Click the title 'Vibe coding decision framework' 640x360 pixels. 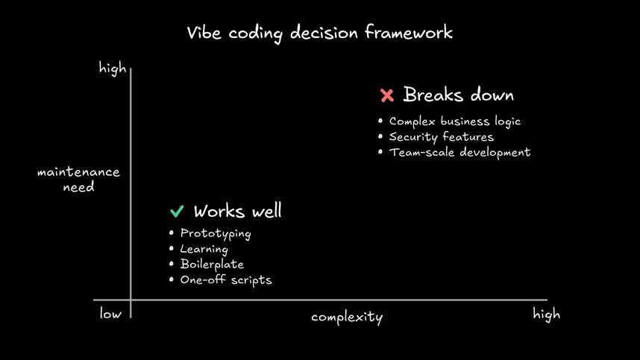pos(319,33)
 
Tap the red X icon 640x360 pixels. pos(387,95)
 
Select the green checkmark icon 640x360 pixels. pos(177,211)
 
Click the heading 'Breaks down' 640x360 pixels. pos(458,95)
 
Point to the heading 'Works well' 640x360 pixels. pos(237,211)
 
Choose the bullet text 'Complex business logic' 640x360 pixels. pos(455,121)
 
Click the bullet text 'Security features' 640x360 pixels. pos(442,136)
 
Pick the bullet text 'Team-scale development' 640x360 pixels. pos(459,153)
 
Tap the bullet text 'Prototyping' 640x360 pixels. pos(216,233)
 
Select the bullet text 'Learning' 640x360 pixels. pos(204,249)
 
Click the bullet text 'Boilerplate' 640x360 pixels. pos(212,264)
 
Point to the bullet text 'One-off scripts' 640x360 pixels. pos(226,280)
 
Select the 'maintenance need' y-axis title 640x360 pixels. pos(78,180)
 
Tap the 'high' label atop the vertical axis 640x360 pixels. pos(113,68)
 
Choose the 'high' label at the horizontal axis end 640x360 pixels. pos(547,315)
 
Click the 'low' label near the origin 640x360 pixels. pos(110,313)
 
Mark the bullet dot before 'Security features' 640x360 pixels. pos(380,136)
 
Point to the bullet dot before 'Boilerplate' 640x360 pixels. pos(172,264)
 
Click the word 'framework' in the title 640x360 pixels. pos(409,32)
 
